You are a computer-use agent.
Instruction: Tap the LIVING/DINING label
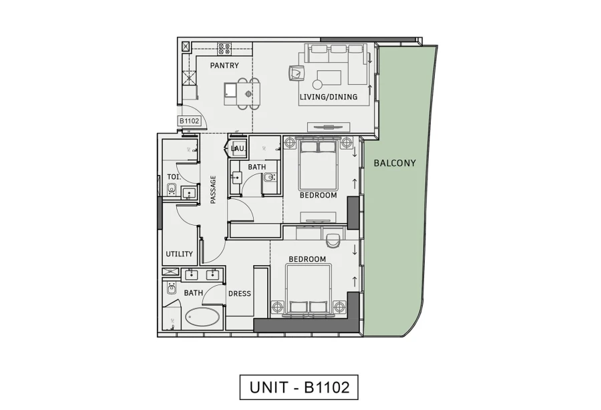328,97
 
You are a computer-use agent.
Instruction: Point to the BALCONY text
395,162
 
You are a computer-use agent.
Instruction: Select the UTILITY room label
179,254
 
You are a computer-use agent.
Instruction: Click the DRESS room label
239,293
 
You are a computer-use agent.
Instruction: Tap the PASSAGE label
213,189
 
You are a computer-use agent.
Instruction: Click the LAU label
237,148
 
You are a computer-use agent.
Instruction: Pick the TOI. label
172,177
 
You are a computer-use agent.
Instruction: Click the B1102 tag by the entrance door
190,121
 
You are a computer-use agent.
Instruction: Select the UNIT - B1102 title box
299,387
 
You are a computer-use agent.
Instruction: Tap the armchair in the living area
296,72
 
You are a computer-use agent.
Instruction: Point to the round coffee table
317,84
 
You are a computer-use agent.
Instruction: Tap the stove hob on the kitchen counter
224,48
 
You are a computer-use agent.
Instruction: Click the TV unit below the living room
328,127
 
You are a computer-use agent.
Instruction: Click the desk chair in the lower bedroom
335,236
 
